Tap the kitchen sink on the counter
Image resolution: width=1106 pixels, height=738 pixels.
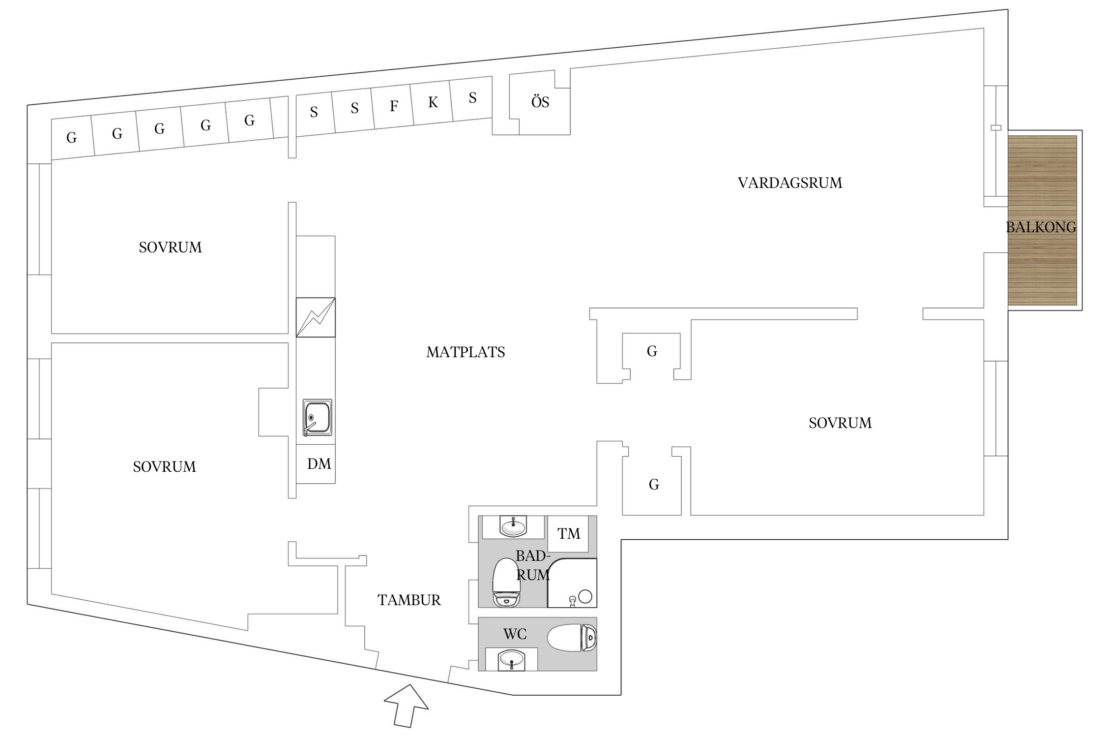pos(317,417)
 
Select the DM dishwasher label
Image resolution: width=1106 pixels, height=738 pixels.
pos(319,464)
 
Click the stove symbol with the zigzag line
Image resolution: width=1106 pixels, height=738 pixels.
pos(316,317)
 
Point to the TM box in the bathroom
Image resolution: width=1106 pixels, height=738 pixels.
pos(568,534)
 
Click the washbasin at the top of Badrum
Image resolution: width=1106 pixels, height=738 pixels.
pos(513,526)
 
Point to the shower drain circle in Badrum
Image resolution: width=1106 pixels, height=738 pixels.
pos(585,597)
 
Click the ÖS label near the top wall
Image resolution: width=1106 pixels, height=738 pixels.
pos(540,102)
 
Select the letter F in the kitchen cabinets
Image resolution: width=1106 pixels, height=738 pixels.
pos(394,106)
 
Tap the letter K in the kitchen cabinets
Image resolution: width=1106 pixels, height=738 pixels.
pos(433,102)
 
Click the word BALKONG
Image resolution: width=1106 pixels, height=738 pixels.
pos(1041,227)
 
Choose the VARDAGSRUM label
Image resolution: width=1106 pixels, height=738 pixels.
pos(790,183)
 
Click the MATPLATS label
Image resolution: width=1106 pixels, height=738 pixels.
pos(466,352)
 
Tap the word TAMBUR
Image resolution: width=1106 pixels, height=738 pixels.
pos(409,600)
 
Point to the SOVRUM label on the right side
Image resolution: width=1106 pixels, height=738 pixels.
pos(840,423)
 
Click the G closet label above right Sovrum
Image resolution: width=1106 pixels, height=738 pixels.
pos(652,351)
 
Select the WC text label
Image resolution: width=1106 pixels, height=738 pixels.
pos(515,634)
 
